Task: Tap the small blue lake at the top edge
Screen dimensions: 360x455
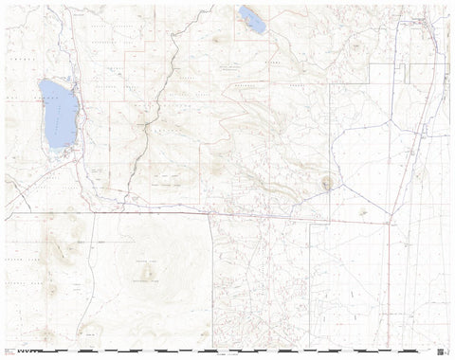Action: pyautogui.click(x=253, y=19)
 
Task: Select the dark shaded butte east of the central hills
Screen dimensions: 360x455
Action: pyautogui.click(x=329, y=182)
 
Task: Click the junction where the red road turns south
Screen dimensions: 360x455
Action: pyautogui.click(x=389, y=224)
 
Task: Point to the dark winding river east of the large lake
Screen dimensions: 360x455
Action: pyautogui.click(x=142, y=142)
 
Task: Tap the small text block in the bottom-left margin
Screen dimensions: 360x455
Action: pyautogui.click(x=11, y=350)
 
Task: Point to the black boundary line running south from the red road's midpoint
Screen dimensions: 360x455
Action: pyautogui.click(x=210, y=275)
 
